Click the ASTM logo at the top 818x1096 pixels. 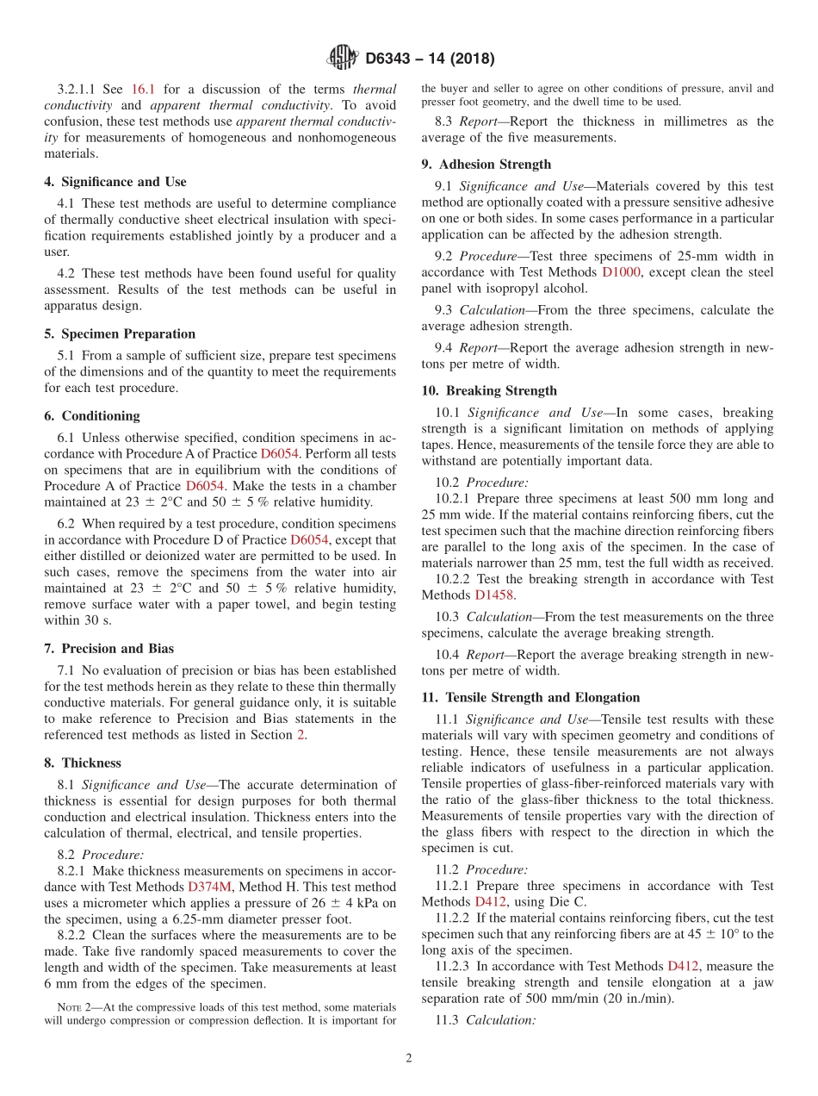342,59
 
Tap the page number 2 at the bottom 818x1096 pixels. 409,1059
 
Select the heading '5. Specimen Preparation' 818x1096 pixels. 120,333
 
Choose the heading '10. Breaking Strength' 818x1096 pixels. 489,390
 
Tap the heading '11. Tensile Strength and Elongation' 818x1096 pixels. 530,697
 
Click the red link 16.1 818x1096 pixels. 142,89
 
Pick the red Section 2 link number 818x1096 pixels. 300,734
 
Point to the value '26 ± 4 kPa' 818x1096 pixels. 333,902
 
